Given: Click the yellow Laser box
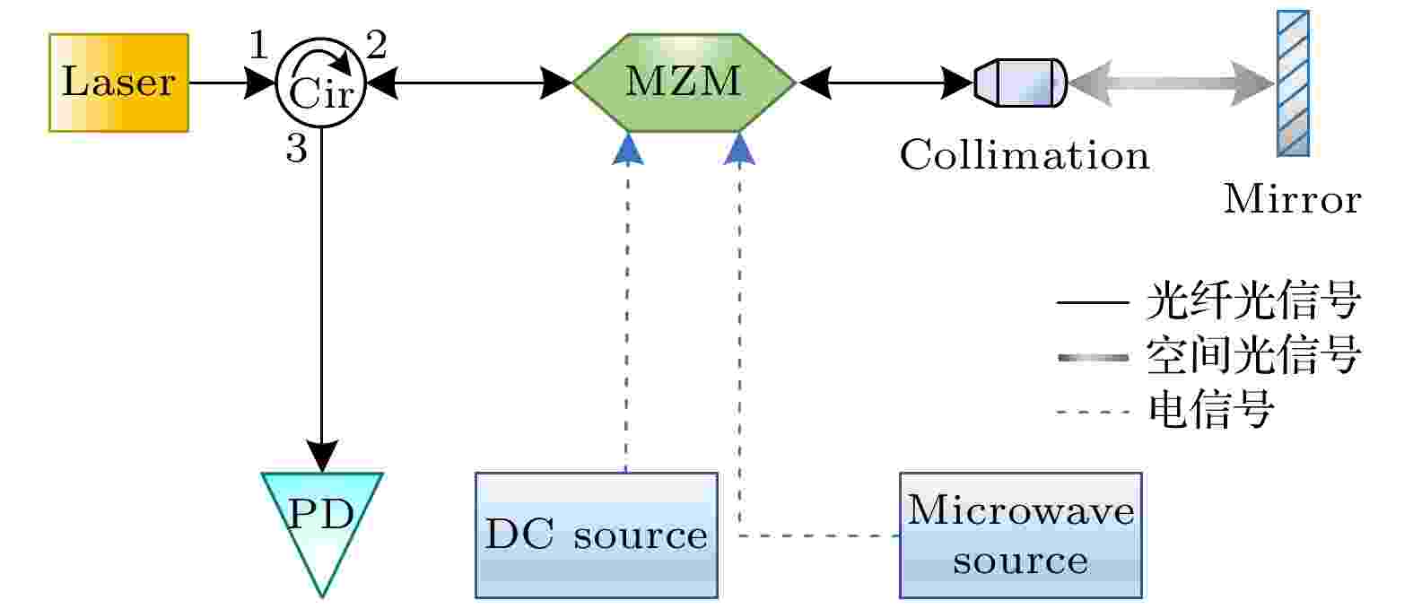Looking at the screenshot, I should coord(118,83).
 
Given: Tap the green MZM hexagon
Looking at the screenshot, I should coord(684,83).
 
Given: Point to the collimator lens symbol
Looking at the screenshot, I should coord(1020,83).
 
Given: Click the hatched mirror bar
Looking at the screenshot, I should coord(1293,83).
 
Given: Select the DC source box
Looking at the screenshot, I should coord(597,535).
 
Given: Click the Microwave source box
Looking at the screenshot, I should coord(1020,535).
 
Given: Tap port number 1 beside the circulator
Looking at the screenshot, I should coord(258,44).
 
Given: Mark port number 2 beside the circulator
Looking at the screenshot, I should coord(377,44).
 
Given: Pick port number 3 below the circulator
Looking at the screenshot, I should coord(297,149).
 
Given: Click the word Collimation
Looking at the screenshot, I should coord(1025,155).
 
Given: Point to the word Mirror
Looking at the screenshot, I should coord(1292,199).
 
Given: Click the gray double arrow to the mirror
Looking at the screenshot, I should coord(1171,83).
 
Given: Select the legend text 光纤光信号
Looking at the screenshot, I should coord(1253,301).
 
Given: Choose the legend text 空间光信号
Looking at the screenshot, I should coord(1253,356).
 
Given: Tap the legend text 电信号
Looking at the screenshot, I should coord(1210,411).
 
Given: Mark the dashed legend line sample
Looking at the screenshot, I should coord(1093,412).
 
